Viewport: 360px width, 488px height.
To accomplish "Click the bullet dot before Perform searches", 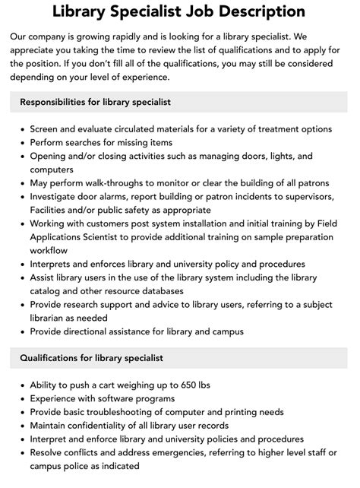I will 21,142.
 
